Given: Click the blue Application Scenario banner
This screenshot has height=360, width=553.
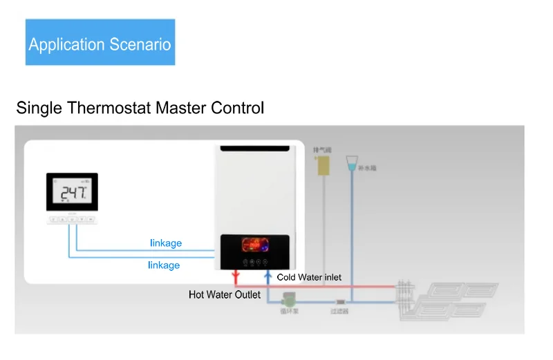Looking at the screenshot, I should [100, 43].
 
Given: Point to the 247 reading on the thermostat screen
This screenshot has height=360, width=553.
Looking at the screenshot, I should [72, 193].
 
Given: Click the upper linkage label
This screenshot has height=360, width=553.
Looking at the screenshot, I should [166, 243].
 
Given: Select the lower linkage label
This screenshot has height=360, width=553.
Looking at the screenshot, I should [164, 265].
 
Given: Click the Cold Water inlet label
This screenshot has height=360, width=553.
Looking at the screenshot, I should [309, 277].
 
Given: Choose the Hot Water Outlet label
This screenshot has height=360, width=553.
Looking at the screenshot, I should [225, 295].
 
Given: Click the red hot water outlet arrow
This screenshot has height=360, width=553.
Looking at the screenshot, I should [236, 278].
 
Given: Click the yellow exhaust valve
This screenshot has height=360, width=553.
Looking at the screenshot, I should [320, 165].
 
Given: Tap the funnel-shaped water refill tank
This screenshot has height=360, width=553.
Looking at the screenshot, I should [353, 163].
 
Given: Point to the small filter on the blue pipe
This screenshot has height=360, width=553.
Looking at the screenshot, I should [340, 302].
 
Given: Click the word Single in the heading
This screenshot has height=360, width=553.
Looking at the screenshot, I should [39, 108].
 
